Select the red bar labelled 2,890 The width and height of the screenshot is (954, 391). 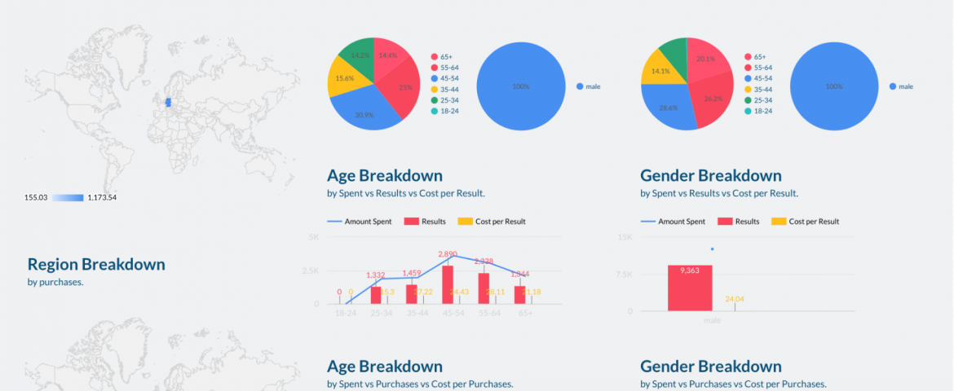(x=448, y=285)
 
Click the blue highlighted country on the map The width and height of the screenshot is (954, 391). (x=169, y=103)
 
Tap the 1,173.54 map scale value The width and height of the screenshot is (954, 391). (x=102, y=197)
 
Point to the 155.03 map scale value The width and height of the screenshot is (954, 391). (x=37, y=197)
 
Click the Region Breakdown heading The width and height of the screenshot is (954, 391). (x=96, y=264)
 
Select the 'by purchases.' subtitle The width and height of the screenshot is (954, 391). (x=55, y=283)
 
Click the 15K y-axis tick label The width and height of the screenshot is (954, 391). (x=625, y=237)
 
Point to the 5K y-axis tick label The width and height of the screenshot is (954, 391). (x=314, y=237)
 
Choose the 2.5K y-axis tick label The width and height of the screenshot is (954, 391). (x=311, y=270)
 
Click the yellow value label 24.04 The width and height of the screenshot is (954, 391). (x=735, y=299)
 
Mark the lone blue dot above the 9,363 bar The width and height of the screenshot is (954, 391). (x=712, y=249)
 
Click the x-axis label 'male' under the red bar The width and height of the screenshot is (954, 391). (x=712, y=320)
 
